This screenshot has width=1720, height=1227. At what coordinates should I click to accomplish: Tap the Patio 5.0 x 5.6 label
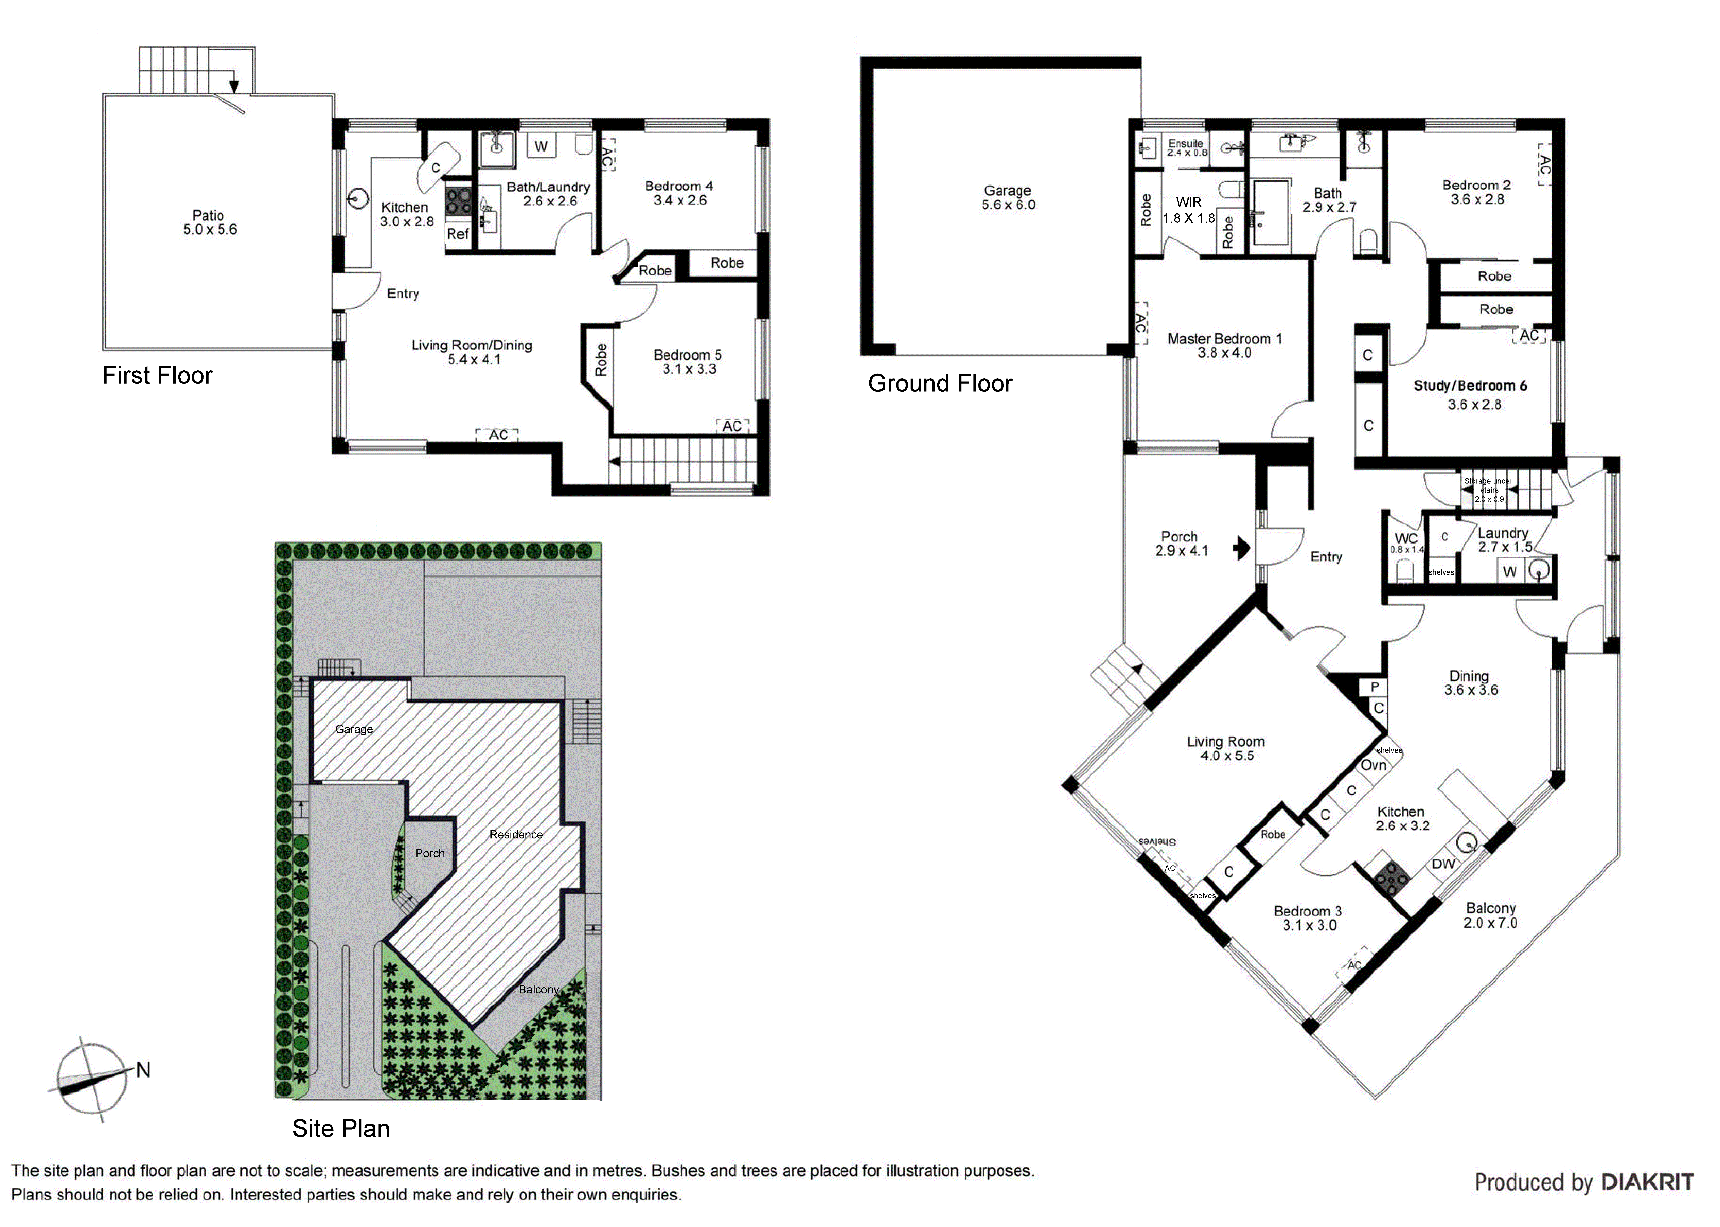coord(209,222)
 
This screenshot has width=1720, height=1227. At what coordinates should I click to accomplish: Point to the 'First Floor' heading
coord(157,376)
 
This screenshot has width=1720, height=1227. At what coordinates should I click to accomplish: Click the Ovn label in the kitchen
coord(1373,765)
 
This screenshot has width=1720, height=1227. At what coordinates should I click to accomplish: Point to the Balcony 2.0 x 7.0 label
coord(1490,915)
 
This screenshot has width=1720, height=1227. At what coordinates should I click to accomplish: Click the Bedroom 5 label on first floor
coord(687,362)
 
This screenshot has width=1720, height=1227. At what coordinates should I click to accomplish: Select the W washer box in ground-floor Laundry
coord(1509,572)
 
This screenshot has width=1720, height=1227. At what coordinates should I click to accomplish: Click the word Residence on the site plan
coord(516,834)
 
